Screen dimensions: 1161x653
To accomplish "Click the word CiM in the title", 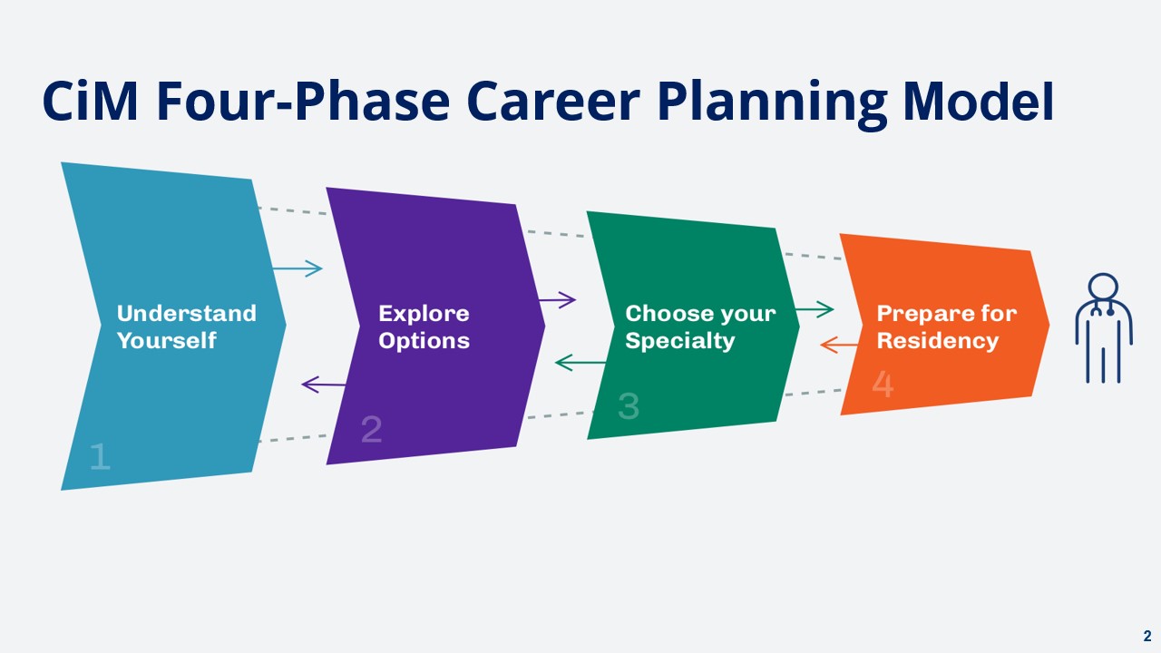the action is (90, 101).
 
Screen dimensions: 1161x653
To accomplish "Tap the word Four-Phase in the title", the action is (303, 101).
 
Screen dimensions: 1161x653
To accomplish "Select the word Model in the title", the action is (978, 101).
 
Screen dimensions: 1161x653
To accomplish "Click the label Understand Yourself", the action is (187, 327).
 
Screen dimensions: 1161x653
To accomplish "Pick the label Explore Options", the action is (424, 327).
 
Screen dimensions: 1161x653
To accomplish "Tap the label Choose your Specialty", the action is (700, 327).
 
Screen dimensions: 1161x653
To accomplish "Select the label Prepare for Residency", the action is (946, 327).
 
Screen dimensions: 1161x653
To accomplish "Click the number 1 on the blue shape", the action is (101, 456).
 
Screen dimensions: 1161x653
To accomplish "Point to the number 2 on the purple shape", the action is (372, 429).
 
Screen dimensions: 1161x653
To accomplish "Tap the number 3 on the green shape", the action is (629, 405).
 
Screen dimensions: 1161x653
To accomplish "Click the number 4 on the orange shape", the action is (883, 384).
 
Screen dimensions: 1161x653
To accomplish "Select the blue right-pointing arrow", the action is (298, 268).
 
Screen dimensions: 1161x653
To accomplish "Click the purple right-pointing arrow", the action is (557, 300).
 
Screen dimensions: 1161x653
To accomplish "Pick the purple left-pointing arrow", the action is (324, 385).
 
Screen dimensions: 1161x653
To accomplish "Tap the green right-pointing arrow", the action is (815, 310).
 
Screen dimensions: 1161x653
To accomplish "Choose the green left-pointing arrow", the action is (580, 362).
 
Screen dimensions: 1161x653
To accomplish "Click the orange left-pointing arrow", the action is (839, 345).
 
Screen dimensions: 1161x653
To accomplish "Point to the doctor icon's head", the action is (1103, 287).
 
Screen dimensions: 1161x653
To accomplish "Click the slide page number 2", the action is (1147, 636).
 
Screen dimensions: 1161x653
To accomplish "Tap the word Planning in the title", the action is (772, 103).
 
